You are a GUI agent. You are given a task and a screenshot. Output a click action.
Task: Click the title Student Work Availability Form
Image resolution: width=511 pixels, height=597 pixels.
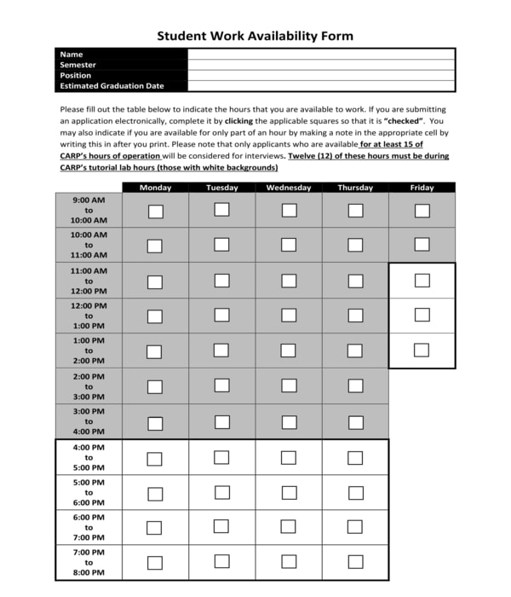coord(255,36)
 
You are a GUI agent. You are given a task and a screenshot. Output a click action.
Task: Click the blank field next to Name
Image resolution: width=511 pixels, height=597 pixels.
coord(321,55)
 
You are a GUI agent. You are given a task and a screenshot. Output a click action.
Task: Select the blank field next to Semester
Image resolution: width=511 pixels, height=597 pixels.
coord(321,65)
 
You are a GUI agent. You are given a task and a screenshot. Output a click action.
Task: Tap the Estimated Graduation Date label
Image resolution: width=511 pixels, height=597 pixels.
coord(112,86)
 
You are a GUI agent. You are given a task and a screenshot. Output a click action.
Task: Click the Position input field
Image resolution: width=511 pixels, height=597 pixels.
coord(321,75)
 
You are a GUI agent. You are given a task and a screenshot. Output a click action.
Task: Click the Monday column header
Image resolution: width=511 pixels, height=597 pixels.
coord(155,188)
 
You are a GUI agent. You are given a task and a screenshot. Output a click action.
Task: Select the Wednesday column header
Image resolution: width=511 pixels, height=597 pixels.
coord(289,188)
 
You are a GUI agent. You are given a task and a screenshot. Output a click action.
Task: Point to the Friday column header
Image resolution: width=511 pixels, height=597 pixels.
coord(422,188)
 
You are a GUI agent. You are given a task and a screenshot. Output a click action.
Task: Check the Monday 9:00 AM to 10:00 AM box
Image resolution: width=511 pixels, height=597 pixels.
coord(155,211)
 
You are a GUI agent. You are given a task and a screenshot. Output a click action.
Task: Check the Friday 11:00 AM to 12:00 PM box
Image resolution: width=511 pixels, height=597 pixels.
coord(422,281)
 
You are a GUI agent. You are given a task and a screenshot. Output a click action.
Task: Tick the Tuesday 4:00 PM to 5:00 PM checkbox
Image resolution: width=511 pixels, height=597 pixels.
coord(221,458)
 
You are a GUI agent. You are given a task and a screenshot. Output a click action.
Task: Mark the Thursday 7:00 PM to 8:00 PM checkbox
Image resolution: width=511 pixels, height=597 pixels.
coord(355,562)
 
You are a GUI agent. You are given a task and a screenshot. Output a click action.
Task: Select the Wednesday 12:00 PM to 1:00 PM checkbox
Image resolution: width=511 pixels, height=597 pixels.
coord(289,316)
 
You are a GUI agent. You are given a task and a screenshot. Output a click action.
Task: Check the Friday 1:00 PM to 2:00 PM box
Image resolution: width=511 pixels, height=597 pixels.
coord(422,350)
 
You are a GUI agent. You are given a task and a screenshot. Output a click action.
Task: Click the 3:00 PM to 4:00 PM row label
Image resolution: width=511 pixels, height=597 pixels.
coord(89,421)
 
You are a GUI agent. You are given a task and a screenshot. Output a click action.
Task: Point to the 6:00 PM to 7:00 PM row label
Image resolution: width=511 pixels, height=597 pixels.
coord(89,527)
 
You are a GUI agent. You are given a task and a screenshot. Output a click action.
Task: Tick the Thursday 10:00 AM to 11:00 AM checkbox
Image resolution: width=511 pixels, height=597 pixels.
coord(355,245)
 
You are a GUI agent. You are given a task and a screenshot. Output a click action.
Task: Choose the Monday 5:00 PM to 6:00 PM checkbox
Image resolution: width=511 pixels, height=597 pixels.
coord(155,494)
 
